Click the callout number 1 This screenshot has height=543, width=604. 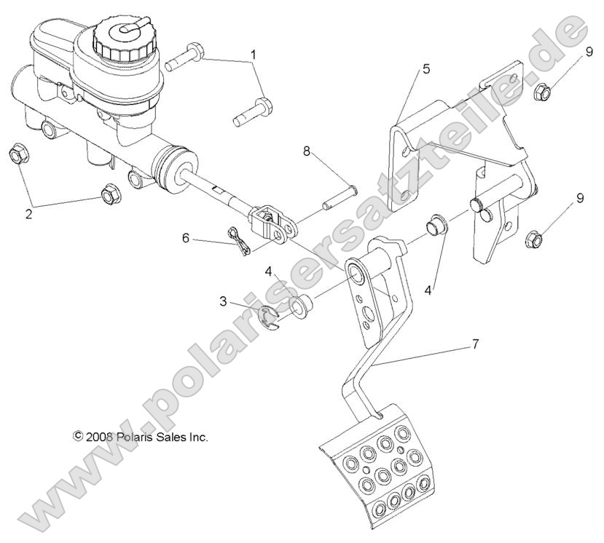254,55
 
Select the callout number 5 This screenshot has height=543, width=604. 426,70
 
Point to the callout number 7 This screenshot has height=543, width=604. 474,344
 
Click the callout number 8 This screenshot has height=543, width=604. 307,151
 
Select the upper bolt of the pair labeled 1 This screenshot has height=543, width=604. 187,55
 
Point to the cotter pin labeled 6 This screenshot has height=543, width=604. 239,241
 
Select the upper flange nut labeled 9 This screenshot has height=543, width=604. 542,92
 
